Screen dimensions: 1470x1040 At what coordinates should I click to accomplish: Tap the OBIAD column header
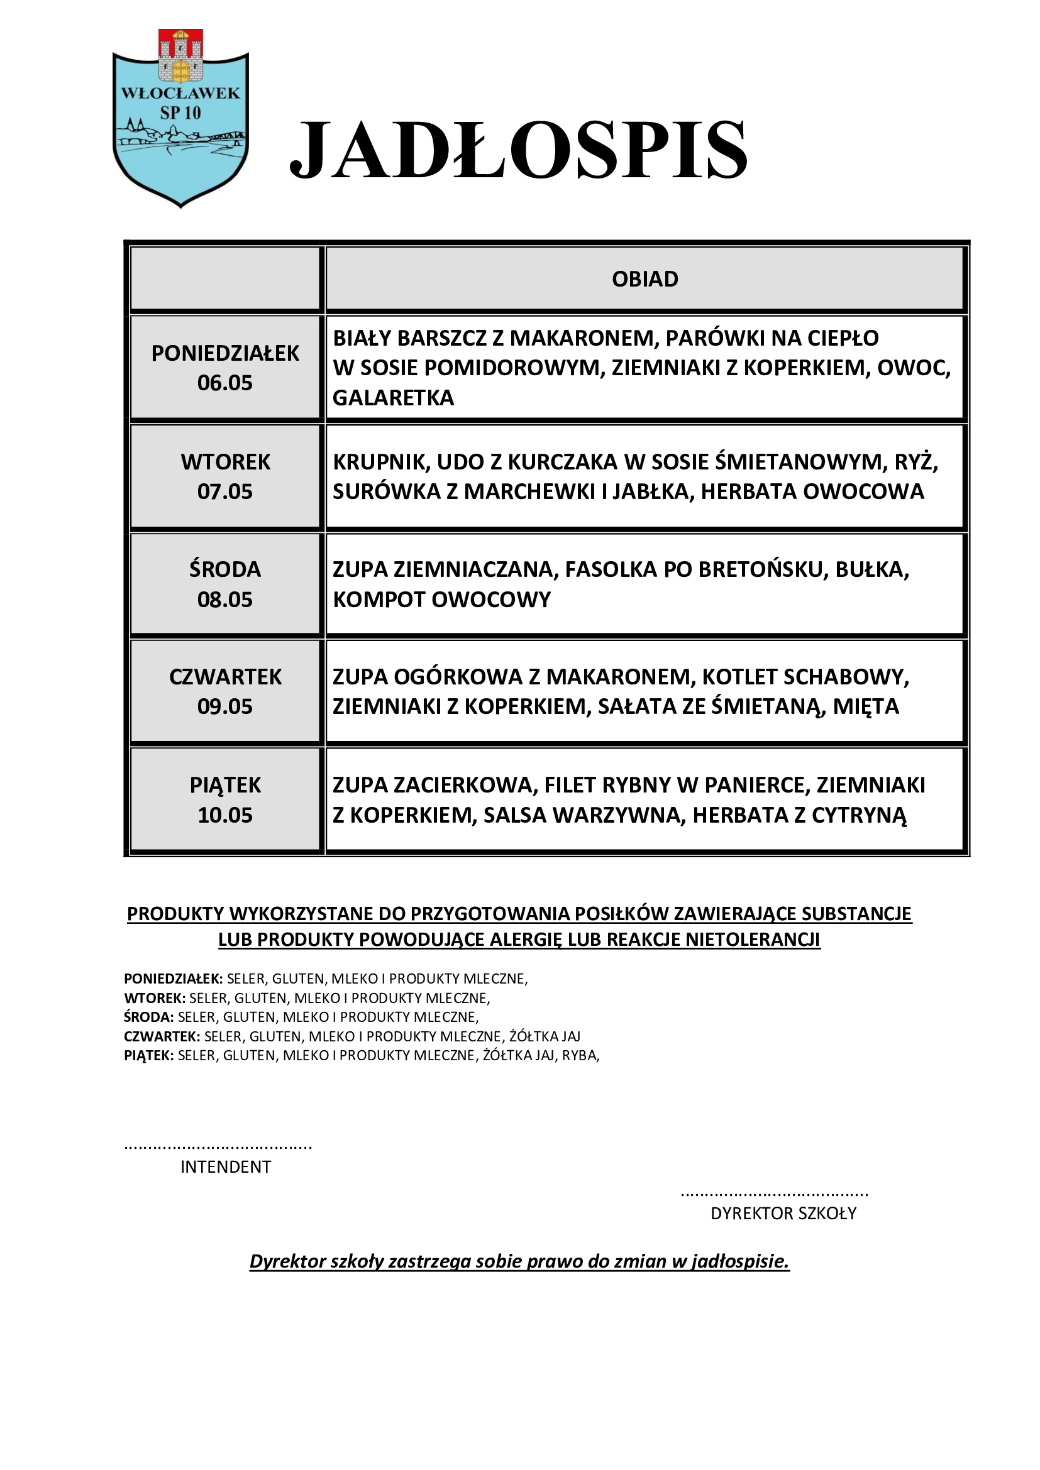pyautogui.click(x=645, y=279)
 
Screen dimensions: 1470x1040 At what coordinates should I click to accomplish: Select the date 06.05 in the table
pyautogui.click(x=224, y=383)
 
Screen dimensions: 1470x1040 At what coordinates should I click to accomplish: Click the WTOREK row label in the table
pyautogui.click(x=226, y=462)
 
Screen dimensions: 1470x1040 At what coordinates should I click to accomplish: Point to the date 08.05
pyautogui.click(x=224, y=600)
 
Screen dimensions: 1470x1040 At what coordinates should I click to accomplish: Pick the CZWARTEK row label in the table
pyautogui.click(x=226, y=677)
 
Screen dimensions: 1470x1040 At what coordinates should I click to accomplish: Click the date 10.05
pyautogui.click(x=224, y=815)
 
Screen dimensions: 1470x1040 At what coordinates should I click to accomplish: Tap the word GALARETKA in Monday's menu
pyautogui.click(x=393, y=398)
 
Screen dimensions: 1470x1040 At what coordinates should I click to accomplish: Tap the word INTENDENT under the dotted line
pyautogui.click(x=226, y=1167)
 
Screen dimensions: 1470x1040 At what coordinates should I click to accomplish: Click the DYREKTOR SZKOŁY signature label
pyautogui.click(x=783, y=1213)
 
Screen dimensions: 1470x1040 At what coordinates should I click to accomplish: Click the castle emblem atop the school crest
pyautogui.click(x=180, y=57)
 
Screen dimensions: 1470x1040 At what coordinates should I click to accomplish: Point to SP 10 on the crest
pyautogui.click(x=180, y=113)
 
